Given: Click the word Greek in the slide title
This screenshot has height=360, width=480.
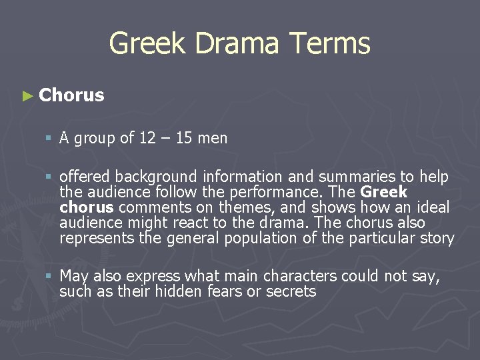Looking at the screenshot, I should (142, 44).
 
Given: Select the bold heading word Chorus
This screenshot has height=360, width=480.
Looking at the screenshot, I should (71, 95).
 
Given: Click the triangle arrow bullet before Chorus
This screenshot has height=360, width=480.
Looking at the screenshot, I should (27, 96).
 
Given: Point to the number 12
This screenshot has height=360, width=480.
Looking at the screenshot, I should (147, 138).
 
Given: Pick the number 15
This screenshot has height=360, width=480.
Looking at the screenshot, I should (185, 138).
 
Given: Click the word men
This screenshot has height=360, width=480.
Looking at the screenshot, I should (213, 139).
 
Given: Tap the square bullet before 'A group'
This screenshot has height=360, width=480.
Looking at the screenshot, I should (49, 139).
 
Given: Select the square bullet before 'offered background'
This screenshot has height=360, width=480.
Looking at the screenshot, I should (49, 177).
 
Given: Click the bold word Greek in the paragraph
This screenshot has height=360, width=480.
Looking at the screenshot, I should (383, 192).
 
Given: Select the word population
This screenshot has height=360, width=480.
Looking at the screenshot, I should (273, 238).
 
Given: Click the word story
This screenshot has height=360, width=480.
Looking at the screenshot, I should (437, 238).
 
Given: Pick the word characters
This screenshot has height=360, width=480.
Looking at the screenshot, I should (301, 276).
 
